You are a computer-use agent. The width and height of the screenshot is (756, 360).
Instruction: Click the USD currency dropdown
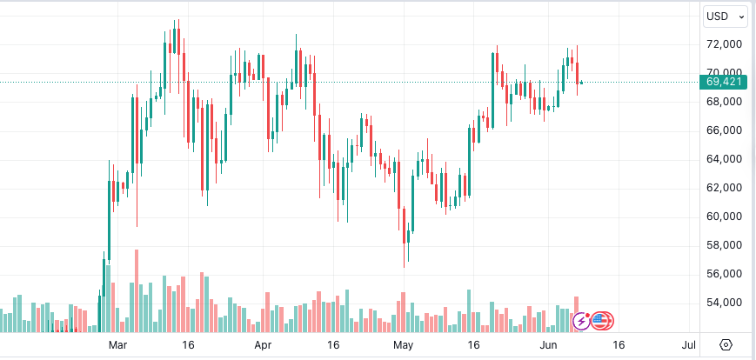click(726, 16)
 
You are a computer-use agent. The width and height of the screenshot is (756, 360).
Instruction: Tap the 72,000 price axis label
click(724, 44)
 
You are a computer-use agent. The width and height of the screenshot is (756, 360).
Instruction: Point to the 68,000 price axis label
click(724, 102)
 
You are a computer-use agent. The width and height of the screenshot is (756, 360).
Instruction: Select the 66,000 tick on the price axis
click(724, 130)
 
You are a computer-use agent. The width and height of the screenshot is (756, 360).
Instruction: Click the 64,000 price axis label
click(724, 159)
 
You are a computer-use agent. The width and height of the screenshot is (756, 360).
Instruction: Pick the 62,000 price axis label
click(724, 188)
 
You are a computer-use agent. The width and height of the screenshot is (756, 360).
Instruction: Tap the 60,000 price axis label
click(724, 217)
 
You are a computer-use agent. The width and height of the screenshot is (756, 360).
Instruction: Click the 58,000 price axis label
click(724, 245)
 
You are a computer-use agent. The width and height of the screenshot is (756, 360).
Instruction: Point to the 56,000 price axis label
click(724, 274)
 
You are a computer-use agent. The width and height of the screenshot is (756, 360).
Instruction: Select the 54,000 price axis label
click(724, 303)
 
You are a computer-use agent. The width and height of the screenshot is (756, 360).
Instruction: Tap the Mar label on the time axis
click(118, 345)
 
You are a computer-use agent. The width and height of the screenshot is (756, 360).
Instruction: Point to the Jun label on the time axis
click(547, 345)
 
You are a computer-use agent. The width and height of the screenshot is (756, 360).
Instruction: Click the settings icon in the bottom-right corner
click(726, 345)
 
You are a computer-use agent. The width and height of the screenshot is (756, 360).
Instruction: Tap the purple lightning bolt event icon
click(581, 322)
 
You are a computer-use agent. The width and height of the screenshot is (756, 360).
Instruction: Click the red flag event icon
click(602, 322)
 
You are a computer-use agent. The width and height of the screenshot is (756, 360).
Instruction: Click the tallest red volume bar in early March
click(137, 291)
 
